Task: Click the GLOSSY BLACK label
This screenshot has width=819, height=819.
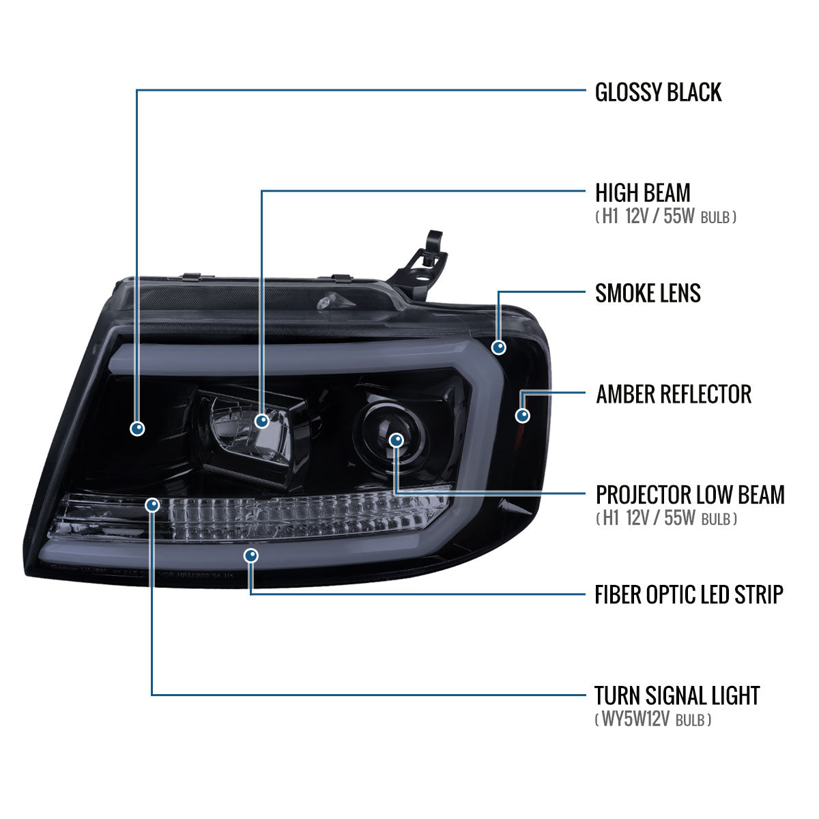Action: coord(658,92)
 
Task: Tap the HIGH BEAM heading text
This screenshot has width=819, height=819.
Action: coord(642,192)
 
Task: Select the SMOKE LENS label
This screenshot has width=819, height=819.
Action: coord(648,293)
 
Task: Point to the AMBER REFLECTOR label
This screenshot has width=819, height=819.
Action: coord(673,394)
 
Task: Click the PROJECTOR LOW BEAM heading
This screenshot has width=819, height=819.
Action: coord(689,494)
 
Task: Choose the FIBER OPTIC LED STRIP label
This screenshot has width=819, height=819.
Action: coord(688,594)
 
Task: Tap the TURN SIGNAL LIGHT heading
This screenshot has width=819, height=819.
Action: coord(676,695)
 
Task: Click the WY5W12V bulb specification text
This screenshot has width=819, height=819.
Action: coord(652,719)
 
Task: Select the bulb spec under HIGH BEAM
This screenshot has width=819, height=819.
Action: coord(665,217)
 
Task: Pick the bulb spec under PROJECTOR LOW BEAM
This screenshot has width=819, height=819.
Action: coord(665,519)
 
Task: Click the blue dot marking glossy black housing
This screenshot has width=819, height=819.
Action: coord(138,428)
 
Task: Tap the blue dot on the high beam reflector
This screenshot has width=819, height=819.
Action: coord(262,421)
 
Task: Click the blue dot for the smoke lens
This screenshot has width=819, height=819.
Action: coord(499,347)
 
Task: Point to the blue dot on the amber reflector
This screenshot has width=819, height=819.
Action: coord(523,415)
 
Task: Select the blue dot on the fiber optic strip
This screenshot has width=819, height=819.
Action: coord(252,556)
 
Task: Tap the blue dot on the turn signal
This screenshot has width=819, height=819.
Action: coord(152,505)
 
